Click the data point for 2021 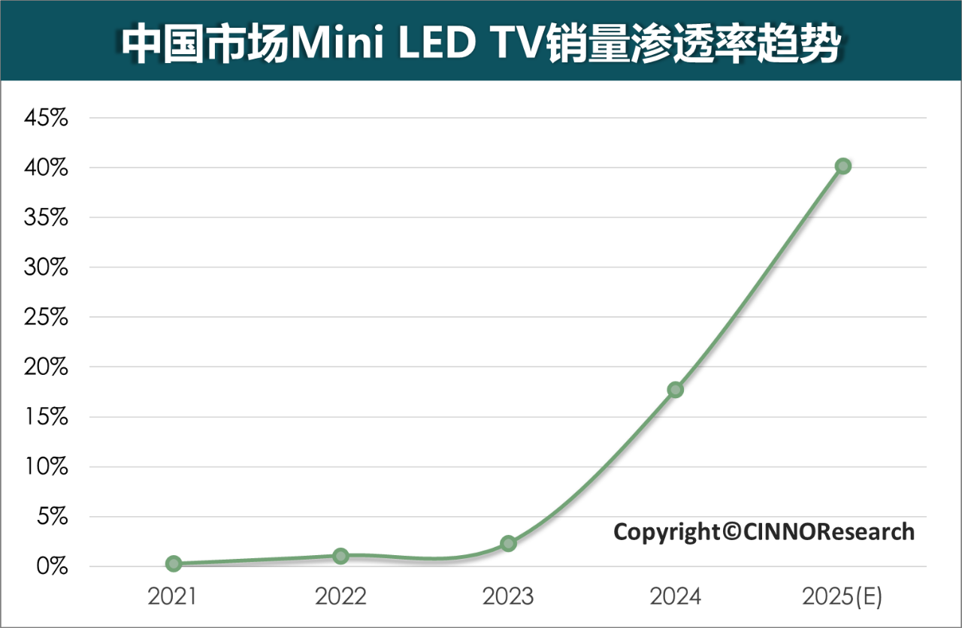point(174,563)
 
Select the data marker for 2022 point(340,556)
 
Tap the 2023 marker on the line point(508,543)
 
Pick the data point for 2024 point(676,389)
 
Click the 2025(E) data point point(843,166)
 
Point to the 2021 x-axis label point(172,597)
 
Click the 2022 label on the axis point(340,597)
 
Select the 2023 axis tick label point(508,597)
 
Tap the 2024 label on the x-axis point(676,597)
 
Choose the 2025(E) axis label point(842,597)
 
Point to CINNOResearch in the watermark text point(830,532)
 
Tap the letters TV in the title point(519,44)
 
